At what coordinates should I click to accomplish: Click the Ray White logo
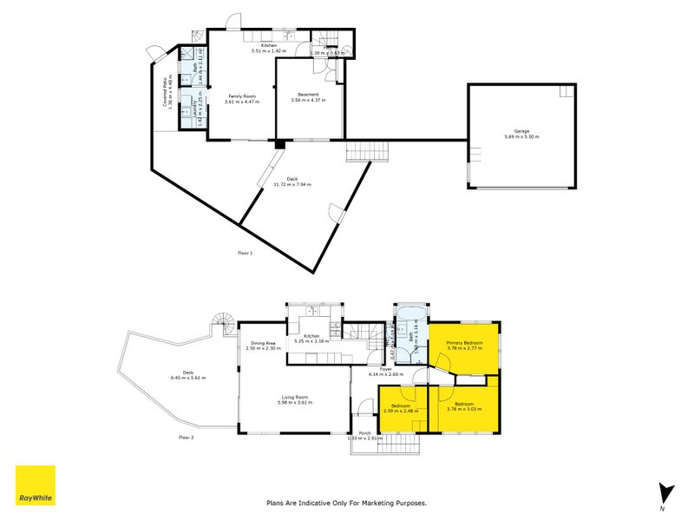36,485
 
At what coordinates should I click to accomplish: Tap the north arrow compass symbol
665,493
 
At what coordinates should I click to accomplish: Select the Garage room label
520,132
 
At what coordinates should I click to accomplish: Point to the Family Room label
242,96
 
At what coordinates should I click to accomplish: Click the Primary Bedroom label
464,343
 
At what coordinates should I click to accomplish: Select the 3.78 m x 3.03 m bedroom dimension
464,409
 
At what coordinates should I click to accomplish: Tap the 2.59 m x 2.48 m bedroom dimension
404,411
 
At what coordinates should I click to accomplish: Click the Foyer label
386,368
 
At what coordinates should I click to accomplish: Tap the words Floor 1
246,253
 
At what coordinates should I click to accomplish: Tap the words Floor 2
186,437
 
